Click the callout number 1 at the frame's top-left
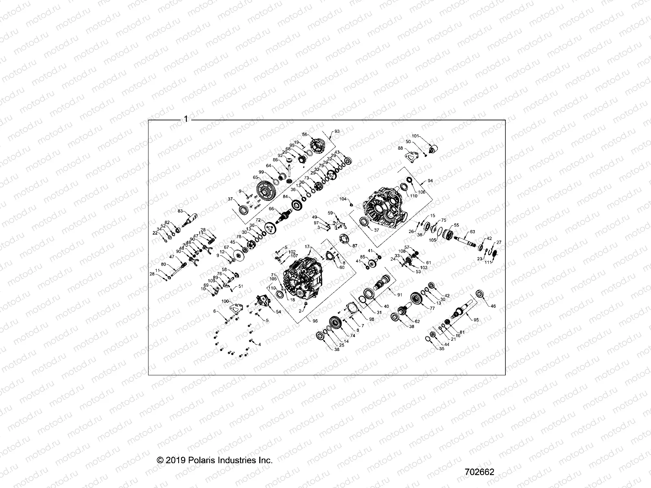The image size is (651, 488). (186, 119)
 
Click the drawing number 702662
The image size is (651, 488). (479, 472)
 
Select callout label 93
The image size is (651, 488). (336, 131)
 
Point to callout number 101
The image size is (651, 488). (415, 136)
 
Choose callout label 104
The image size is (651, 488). (343, 199)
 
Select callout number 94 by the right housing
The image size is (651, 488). (430, 180)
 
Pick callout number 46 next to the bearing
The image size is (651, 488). (494, 306)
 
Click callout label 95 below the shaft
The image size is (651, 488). (476, 320)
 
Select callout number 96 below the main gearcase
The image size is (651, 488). (315, 320)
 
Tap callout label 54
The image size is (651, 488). (278, 312)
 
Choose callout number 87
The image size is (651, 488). (354, 246)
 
